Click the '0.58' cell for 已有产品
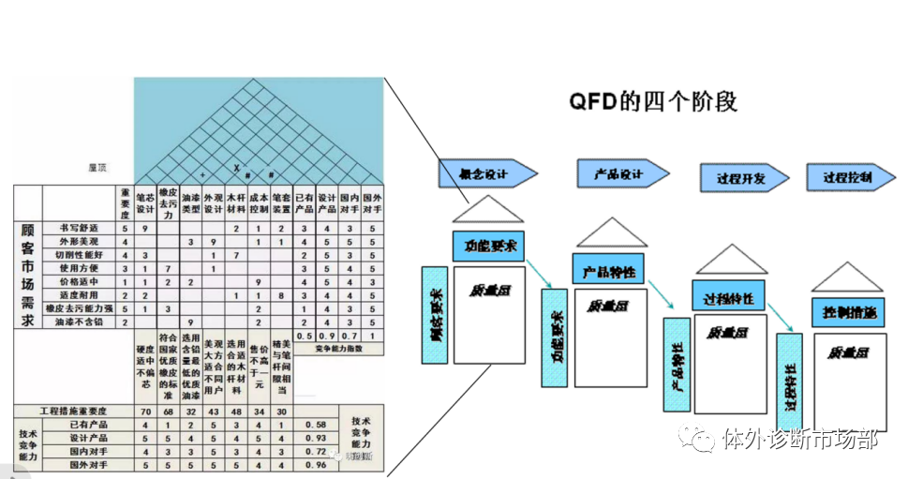316,425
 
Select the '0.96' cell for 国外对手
316,464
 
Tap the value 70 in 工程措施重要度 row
145,412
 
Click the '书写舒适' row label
81,228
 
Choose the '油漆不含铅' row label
81,322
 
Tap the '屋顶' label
97,169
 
